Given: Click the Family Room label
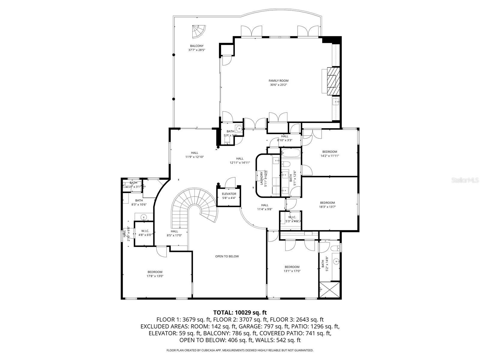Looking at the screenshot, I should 279,81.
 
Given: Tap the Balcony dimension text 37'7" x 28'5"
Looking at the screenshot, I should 196,50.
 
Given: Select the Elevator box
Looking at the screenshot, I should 229,196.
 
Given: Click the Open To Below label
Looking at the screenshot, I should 227,256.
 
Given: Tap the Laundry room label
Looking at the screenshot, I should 262,179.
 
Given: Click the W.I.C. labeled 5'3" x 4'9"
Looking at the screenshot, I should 292,219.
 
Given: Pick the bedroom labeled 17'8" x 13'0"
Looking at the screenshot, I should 155,274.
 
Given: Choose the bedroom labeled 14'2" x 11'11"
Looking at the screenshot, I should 330,154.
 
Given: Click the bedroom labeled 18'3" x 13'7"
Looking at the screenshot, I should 327,205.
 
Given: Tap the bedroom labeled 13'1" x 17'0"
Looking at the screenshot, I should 292,269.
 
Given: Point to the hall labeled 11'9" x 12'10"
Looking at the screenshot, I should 194,154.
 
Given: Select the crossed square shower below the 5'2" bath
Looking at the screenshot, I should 330,290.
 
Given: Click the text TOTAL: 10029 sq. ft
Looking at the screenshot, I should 240,313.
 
